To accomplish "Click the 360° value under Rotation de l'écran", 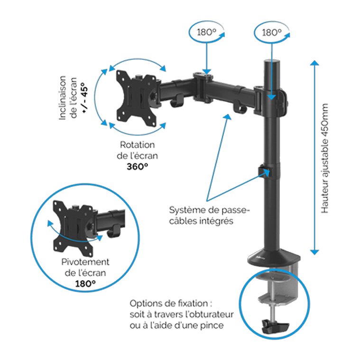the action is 137,166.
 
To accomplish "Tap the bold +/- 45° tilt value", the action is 84,98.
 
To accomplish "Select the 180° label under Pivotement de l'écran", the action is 85,284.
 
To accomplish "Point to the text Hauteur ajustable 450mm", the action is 324,158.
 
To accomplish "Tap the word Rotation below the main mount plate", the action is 137,145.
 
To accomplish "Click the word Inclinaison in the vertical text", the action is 62,98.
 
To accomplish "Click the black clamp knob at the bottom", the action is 275,326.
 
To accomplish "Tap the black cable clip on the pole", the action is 264,171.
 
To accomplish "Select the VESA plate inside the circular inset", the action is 73,228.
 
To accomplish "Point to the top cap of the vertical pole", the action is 272,62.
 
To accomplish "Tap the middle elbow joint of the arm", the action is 203,88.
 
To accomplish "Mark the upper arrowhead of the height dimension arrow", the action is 314,63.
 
